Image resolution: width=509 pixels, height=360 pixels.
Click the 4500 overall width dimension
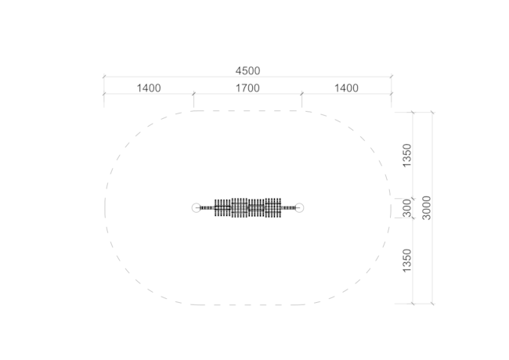tap(247, 70)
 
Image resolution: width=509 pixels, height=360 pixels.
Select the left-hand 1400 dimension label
tap(149, 88)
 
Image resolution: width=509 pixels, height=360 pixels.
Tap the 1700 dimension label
tap(247, 88)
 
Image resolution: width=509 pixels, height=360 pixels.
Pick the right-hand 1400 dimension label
tap(346, 88)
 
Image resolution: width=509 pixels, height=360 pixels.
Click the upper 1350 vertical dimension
tap(406, 155)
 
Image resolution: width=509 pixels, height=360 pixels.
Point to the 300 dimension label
tap(406, 208)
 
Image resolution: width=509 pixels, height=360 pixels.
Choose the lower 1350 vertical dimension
tap(406, 261)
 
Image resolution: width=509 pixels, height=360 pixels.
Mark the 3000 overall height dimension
tap(427, 208)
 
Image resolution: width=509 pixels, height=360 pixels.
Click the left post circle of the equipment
tap(197, 208)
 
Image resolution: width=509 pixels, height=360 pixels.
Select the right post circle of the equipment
tap(299, 208)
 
